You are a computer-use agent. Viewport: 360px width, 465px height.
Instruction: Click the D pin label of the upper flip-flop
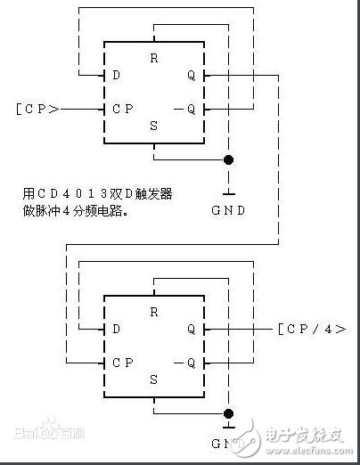pos(115,77)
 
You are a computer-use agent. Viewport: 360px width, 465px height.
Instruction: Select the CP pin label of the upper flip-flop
pos(121,109)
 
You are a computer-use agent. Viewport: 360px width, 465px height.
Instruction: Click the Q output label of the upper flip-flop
pos(192,77)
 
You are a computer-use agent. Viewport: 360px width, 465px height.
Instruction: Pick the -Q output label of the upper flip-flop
pos(188,109)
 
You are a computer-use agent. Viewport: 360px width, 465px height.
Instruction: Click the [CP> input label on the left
pos(38,109)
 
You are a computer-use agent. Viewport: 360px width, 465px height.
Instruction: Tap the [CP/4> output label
pos(311,329)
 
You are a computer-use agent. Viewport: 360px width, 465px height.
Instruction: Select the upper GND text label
pos(229,211)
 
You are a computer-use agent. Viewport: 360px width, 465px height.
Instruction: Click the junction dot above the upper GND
pos(229,160)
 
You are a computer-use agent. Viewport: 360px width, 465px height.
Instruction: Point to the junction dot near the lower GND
pos(229,413)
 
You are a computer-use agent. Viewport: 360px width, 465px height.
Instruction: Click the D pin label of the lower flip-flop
pos(115,329)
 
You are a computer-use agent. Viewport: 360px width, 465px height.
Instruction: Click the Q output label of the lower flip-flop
pos(192,329)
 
